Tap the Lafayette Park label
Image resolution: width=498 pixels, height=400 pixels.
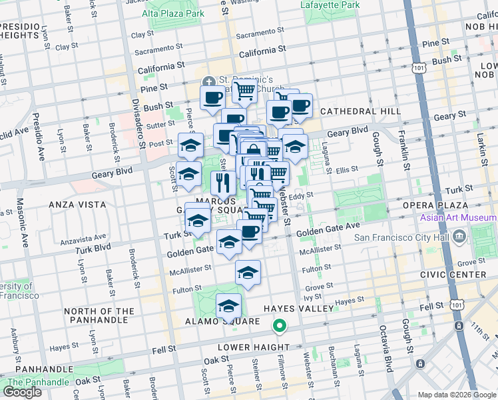click(330, 5)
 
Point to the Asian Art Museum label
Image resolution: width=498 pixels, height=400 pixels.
click(458, 218)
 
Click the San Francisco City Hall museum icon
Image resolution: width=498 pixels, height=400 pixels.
click(459, 237)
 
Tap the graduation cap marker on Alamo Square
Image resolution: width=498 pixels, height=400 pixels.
click(228, 305)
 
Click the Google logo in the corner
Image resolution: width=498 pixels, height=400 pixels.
click(22, 392)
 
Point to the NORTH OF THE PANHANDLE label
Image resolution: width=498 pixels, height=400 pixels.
click(99, 316)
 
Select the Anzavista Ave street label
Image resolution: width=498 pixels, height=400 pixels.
click(83, 237)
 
